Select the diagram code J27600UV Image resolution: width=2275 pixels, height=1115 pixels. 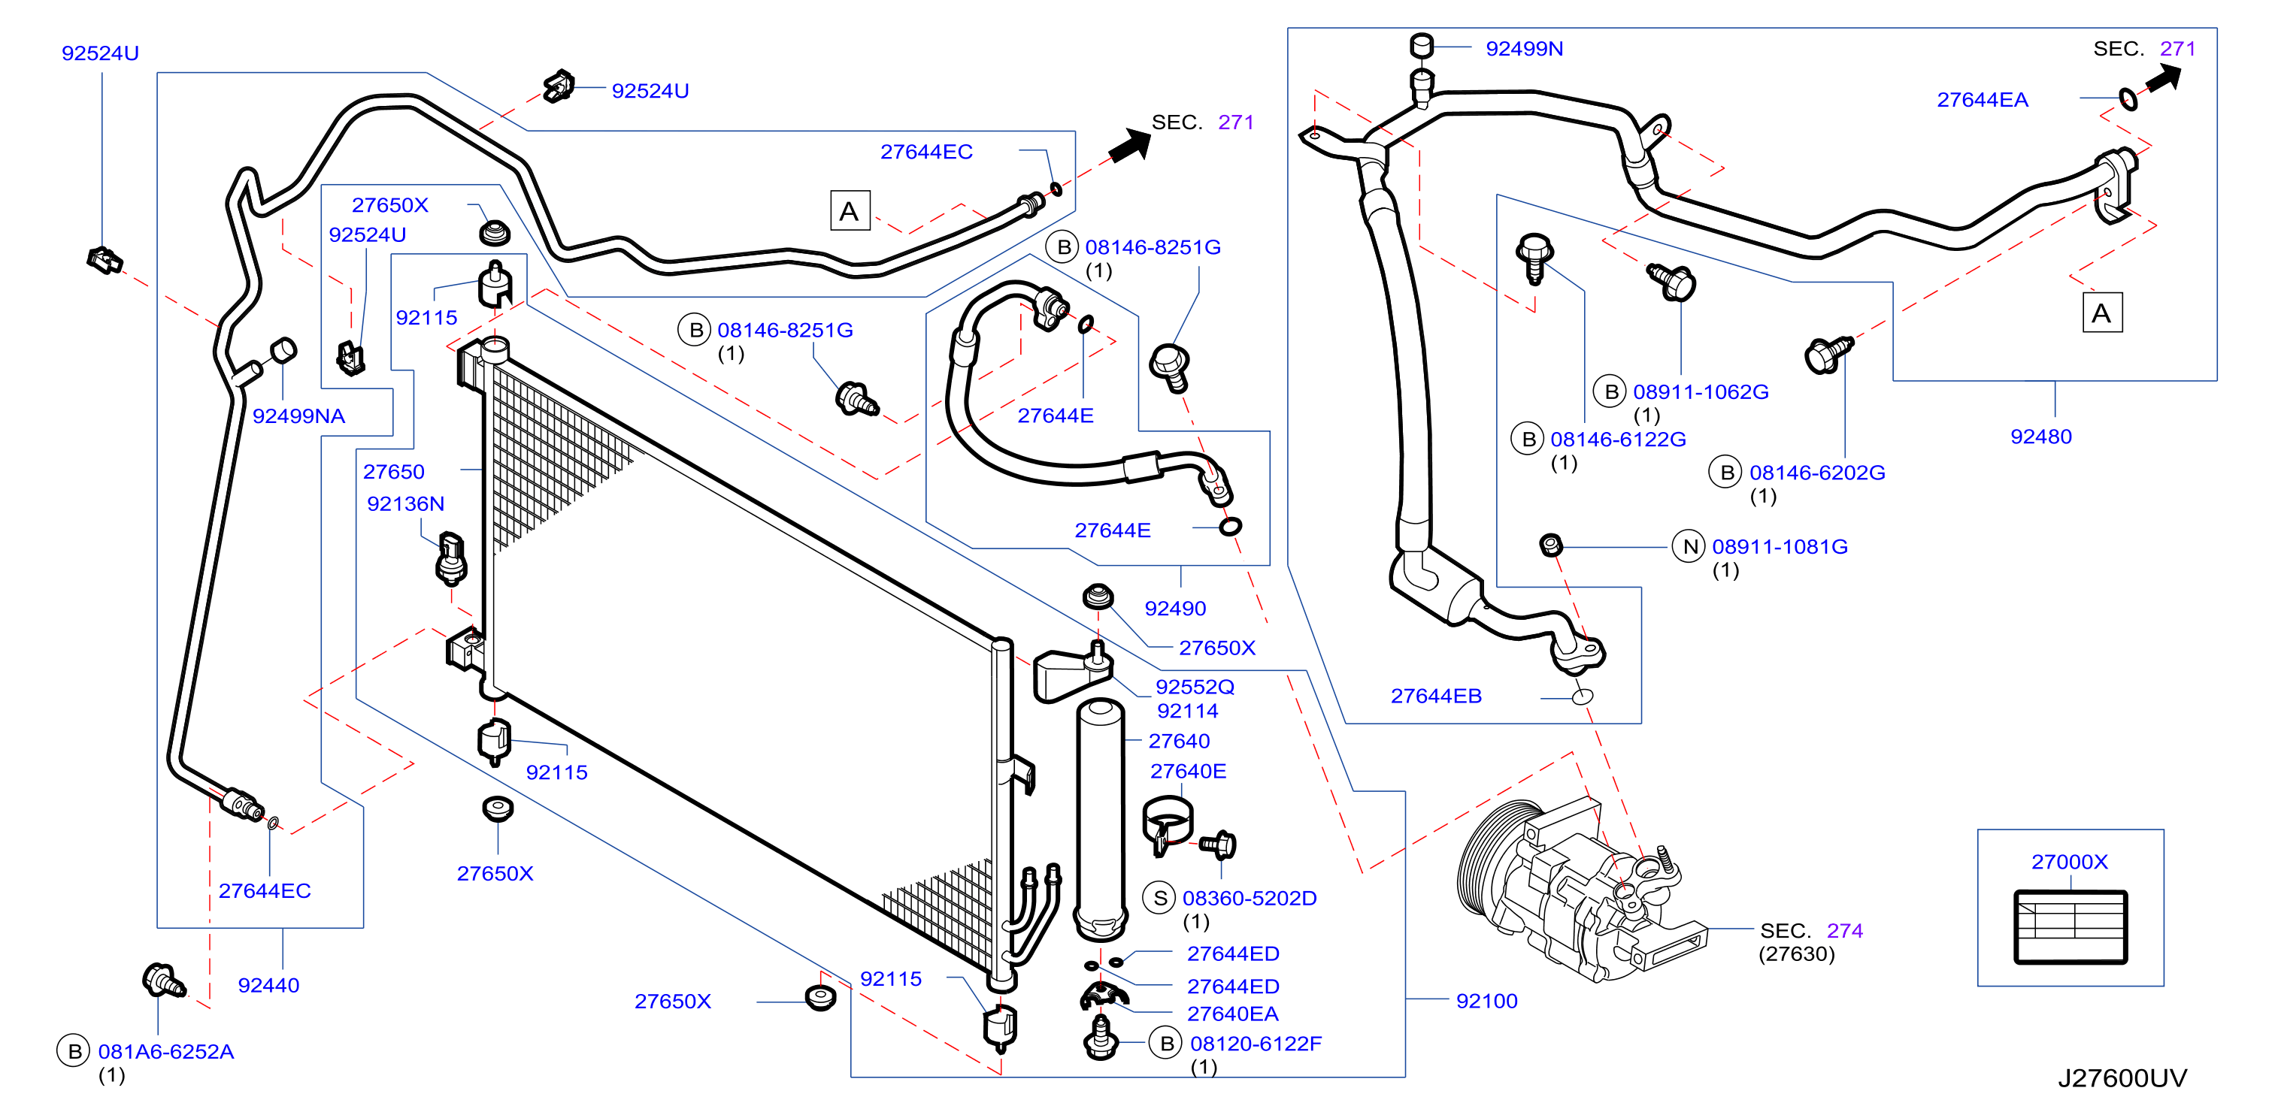(x=2122, y=1078)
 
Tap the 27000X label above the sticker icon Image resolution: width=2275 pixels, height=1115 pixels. (x=2069, y=862)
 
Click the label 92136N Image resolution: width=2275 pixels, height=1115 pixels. (x=405, y=504)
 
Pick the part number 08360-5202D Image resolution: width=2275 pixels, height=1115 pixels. (x=1250, y=898)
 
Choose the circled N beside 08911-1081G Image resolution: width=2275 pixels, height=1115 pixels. (x=1689, y=547)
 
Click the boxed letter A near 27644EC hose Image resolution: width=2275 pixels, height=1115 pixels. (x=850, y=211)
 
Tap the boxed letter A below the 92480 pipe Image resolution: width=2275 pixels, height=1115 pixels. (x=2102, y=313)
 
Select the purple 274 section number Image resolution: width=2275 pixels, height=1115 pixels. (x=1845, y=930)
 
